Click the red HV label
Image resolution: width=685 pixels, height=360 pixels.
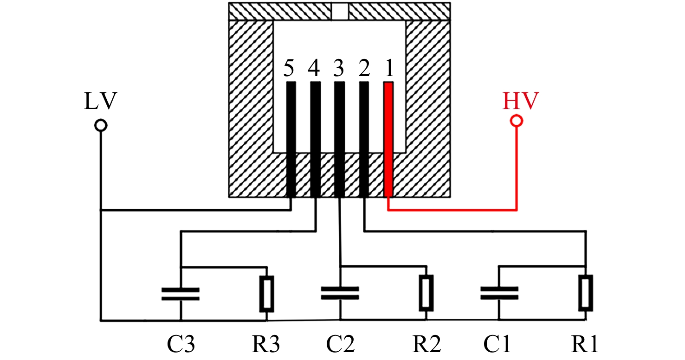[520, 101]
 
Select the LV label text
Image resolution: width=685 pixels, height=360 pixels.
[100, 101]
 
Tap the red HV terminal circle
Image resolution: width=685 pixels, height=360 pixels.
[517, 121]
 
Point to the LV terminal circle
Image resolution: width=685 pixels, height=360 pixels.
[101, 125]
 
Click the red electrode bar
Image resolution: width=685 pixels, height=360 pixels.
[388, 139]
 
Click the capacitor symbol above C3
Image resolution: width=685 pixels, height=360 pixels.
[181, 294]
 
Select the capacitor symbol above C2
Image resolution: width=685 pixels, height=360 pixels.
[340, 293]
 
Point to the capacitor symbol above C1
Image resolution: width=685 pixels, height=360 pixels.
[499, 293]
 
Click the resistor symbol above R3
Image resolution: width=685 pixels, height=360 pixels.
[267, 294]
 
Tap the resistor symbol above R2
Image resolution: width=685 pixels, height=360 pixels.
[427, 293]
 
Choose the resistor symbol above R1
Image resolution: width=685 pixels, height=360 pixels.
[586, 293]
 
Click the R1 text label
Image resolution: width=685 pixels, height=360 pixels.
[584, 344]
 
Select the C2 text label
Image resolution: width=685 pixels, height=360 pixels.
[340, 344]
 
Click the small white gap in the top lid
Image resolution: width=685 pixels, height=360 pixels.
[340, 12]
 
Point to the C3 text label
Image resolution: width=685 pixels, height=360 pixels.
[181, 344]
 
